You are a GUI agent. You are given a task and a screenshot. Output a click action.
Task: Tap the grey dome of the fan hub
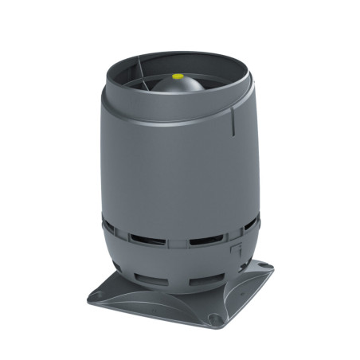pyautogui.click(x=177, y=86)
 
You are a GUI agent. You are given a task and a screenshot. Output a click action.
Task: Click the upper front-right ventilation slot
pyautogui.click(x=202, y=240)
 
